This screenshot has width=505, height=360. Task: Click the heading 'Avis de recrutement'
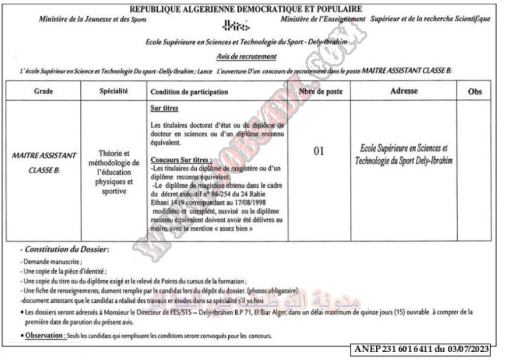[x=246, y=57]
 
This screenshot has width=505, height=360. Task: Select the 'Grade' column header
[x=43, y=91]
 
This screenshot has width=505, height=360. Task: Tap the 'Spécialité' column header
[x=113, y=91]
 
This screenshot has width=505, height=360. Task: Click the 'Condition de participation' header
[x=189, y=92]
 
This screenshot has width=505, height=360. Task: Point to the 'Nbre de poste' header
[x=320, y=91]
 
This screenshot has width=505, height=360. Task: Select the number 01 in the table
[x=319, y=151]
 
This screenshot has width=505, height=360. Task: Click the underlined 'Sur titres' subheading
[x=164, y=108]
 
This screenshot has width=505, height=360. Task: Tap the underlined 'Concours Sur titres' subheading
[x=181, y=160]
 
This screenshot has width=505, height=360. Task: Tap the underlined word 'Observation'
[x=45, y=336]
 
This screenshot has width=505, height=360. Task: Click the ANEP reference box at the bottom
[x=421, y=349]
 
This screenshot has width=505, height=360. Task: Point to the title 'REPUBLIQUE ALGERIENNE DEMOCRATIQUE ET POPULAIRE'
[x=246, y=8]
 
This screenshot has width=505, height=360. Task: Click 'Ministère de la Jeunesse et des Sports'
[x=93, y=19]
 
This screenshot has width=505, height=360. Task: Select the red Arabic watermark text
[x=306, y=299]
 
